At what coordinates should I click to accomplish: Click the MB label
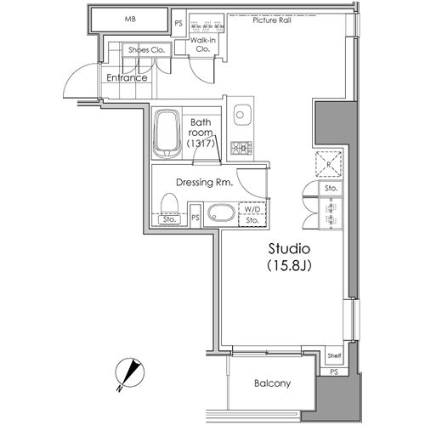point(130,20)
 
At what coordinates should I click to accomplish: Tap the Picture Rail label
point(272,20)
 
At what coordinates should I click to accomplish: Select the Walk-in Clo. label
point(203,44)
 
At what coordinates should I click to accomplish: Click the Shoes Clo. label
point(146,50)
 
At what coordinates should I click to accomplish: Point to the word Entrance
point(127,77)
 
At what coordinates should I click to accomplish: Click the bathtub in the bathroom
point(167,133)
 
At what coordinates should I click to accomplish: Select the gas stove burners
point(241,148)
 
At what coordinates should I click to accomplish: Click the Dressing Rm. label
point(205,182)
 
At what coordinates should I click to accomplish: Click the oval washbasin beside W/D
point(221,213)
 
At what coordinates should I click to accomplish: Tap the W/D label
point(252,210)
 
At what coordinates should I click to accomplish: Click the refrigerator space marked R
point(329,164)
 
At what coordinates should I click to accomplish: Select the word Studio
point(289,249)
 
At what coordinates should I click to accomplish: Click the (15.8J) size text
point(289,265)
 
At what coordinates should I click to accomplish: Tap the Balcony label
point(272,383)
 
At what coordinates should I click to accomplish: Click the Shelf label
point(334,355)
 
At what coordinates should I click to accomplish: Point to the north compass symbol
point(129,373)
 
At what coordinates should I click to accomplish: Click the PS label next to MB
point(178,23)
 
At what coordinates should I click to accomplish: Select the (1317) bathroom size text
point(201,144)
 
